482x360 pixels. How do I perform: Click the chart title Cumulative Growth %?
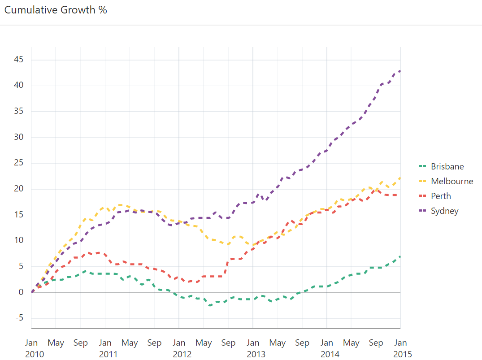56,10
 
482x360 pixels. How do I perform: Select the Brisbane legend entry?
447,166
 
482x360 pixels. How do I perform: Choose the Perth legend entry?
441,196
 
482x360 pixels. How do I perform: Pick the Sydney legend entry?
444,211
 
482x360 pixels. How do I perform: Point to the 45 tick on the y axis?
19,60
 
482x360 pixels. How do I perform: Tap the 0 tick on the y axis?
21,292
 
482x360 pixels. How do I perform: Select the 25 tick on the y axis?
19,163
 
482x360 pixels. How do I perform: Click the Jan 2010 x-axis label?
31,348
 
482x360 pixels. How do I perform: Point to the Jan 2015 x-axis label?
400,348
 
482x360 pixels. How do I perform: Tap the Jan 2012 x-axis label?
179,348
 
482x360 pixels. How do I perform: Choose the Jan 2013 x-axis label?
253,348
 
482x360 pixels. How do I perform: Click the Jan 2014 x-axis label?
327,348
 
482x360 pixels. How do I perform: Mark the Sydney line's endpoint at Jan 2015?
400,70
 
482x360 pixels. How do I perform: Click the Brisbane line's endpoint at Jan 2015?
400,256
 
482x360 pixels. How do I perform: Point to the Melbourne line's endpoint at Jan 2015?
400,178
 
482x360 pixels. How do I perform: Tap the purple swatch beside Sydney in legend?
421,211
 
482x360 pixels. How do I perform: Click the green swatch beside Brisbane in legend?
421,166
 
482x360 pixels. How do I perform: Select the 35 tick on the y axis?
19,111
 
